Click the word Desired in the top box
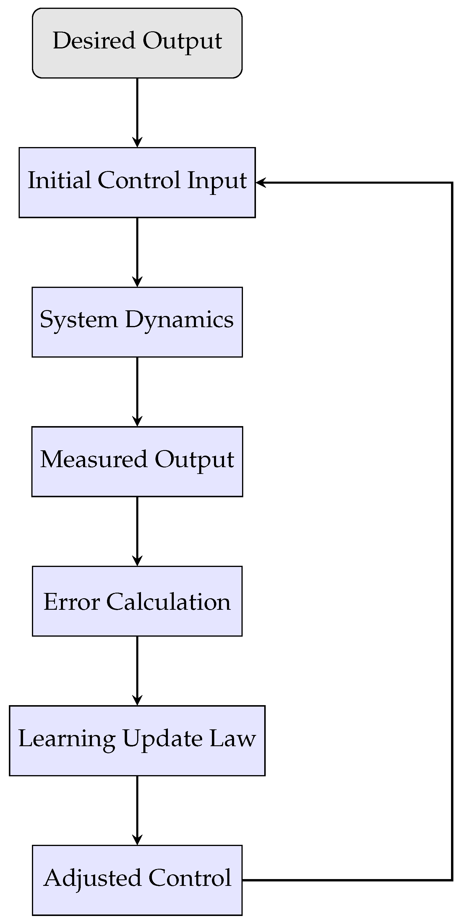(94, 40)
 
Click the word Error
(72, 602)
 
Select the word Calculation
(168, 602)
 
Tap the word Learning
(67, 739)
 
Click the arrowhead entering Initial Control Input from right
(260, 182)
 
